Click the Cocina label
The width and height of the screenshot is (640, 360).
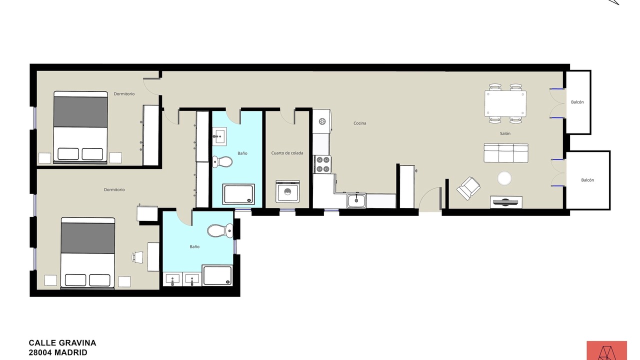click(x=359, y=123)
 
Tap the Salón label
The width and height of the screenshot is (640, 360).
click(x=505, y=133)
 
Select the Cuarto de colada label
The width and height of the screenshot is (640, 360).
click(x=287, y=153)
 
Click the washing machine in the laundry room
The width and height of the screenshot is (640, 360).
click(x=287, y=191)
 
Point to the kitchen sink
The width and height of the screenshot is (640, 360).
click(x=356, y=200)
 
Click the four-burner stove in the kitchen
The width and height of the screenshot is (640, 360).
click(x=322, y=164)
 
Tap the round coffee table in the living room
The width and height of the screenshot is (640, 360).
click(x=504, y=178)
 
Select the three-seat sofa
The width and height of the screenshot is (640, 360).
click(x=506, y=153)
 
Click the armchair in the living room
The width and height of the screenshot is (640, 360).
click(x=468, y=188)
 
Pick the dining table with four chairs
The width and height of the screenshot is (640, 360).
click(x=505, y=103)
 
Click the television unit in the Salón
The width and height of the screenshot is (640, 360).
click(x=506, y=201)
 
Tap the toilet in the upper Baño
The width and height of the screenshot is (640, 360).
click(x=222, y=162)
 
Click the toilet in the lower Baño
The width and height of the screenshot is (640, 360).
click(x=220, y=230)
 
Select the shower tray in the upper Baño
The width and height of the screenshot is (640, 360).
click(x=238, y=194)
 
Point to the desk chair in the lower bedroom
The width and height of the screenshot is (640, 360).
click(x=137, y=257)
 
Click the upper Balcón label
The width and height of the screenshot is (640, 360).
click(x=577, y=102)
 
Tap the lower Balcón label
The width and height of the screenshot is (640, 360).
click(x=587, y=180)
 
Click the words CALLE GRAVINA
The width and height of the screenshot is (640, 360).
click(x=62, y=343)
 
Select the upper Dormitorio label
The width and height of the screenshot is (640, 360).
click(x=124, y=93)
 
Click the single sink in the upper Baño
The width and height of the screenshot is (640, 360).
click(x=219, y=136)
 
